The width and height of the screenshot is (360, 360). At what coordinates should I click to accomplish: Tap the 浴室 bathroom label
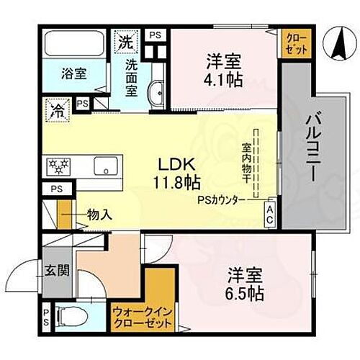click(72, 72)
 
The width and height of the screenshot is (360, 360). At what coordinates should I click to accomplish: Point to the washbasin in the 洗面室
click(156, 92)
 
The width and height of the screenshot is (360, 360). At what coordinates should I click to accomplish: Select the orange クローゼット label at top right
click(295, 44)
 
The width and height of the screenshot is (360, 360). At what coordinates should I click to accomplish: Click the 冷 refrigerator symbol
click(56, 110)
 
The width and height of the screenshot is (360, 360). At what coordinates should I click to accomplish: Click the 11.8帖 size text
click(176, 182)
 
